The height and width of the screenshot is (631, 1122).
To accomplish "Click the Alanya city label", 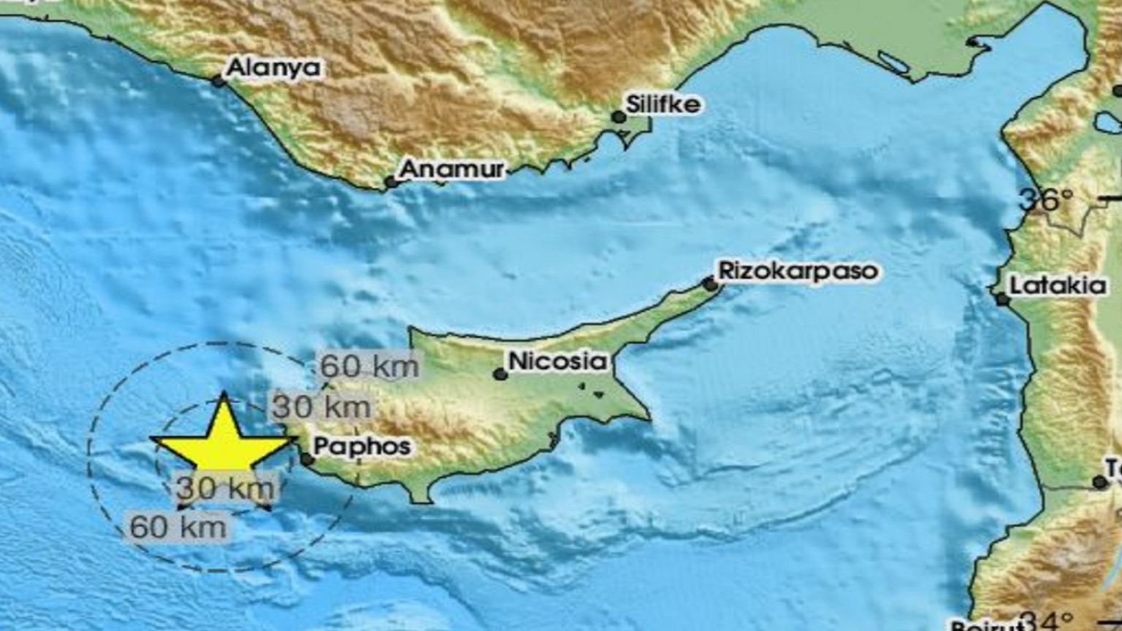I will pos(274,68).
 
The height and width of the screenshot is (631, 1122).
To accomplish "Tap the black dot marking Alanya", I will pos(218,81).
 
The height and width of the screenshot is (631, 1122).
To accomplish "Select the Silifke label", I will pos(663,104).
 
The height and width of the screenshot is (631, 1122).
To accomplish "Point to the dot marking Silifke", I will pos(619,117).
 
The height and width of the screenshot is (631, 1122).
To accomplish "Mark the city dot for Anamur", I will pos(391,182).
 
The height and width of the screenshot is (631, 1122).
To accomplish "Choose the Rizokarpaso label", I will pos(798,271).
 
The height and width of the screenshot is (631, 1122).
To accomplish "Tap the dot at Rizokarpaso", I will pos(709,283).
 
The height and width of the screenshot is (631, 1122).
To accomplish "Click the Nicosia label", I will pos(557,361).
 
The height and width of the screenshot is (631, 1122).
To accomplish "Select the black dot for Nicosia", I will pos(500,375).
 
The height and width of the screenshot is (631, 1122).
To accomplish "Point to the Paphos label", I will pos(362,446).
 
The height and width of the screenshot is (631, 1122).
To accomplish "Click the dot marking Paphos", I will pos(308,459).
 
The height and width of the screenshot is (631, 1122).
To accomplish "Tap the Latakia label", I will pos(1058,285).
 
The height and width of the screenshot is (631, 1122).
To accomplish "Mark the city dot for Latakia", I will pos(1002,299).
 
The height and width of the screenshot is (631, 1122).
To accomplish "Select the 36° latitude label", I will pos(1047,199).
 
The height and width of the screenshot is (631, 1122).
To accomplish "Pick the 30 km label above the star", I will pos(321,407).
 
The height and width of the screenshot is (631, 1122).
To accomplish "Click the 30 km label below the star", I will pos(226,488).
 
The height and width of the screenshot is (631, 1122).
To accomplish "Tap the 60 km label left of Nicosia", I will pos(370,366).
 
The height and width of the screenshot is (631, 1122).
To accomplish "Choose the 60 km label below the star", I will pos(178,526).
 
